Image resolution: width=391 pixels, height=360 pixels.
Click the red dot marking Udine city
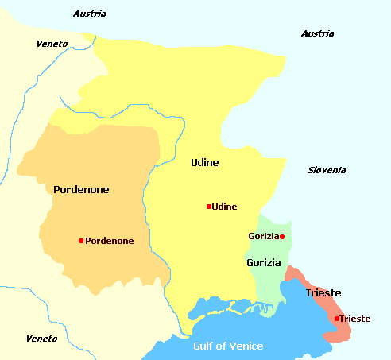coord(208,207)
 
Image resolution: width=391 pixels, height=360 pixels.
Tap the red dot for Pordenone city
coord(81,241)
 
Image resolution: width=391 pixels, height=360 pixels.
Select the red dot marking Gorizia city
coord(282,236)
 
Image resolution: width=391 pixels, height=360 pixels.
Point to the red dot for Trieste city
coord(336,319)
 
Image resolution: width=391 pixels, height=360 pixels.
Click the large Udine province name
coord(205,163)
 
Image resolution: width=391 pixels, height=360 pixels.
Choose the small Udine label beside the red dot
coord(225,207)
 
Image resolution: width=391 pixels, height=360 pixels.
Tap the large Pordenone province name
coord(81,189)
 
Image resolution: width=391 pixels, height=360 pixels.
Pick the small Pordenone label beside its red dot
coord(109,241)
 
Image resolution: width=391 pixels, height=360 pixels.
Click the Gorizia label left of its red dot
coord(263,236)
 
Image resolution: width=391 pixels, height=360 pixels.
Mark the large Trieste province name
coord(323,292)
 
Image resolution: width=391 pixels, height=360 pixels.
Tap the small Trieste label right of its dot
coord(354,319)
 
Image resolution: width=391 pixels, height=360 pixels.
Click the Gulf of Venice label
coord(229,346)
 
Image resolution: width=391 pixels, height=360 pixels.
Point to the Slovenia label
coord(327,170)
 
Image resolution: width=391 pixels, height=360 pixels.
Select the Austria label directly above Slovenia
coord(318,33)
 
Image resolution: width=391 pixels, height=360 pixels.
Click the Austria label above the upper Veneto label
coord(89,14)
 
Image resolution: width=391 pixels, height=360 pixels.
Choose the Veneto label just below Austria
coord(52,43)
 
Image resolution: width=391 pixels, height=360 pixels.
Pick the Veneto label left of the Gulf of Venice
coord(41,339)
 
